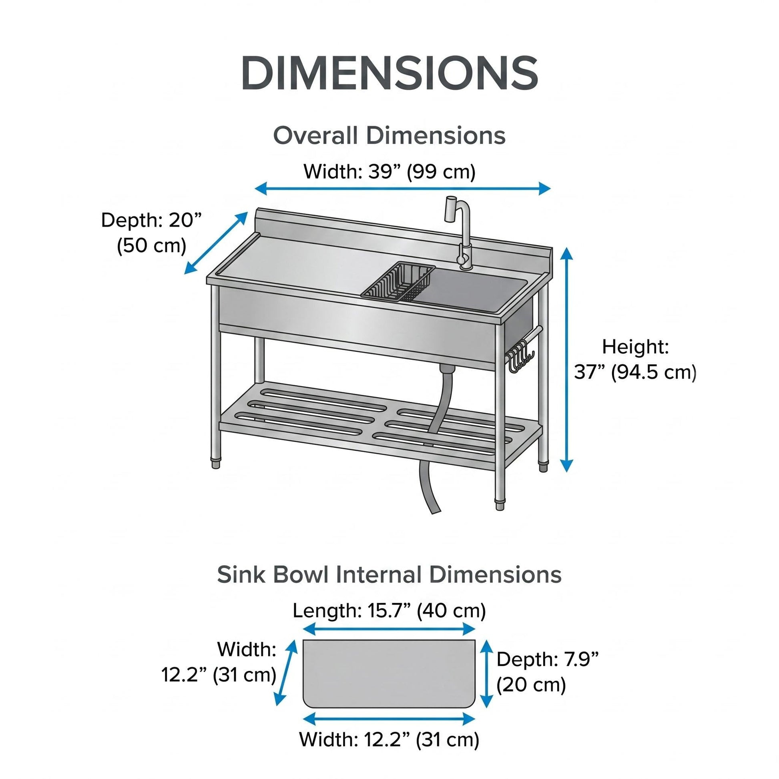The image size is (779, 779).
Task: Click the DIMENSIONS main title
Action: point(389,73)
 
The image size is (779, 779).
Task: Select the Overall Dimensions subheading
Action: point(389,135)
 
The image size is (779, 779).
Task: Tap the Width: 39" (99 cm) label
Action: point(389,171)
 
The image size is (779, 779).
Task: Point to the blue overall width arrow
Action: point(402,188)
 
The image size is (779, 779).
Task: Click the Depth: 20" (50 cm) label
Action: point(151,233)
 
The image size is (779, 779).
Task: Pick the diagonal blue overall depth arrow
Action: point(216,243)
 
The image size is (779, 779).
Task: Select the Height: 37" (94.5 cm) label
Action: point(635,359)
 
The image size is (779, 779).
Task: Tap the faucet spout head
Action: point(450,209)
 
